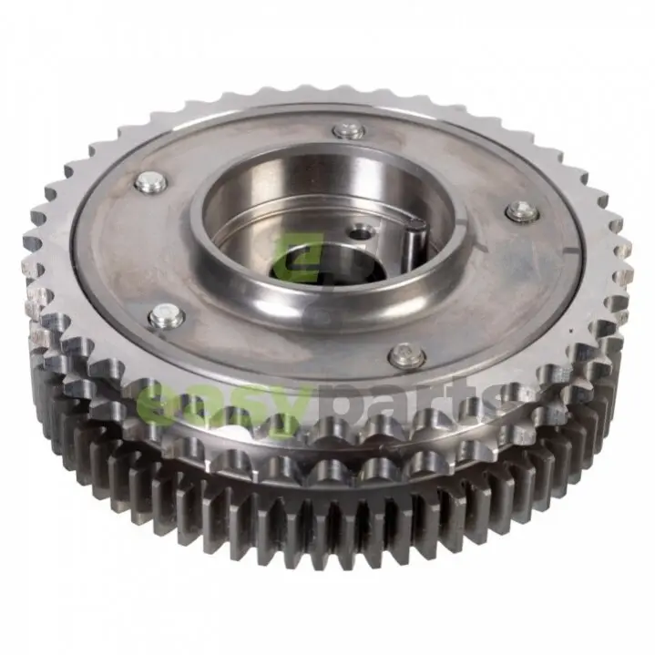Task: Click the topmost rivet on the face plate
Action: (x=349, y=131)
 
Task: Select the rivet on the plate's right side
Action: (x=522, y=211)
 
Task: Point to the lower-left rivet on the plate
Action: (x=168, y=315)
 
